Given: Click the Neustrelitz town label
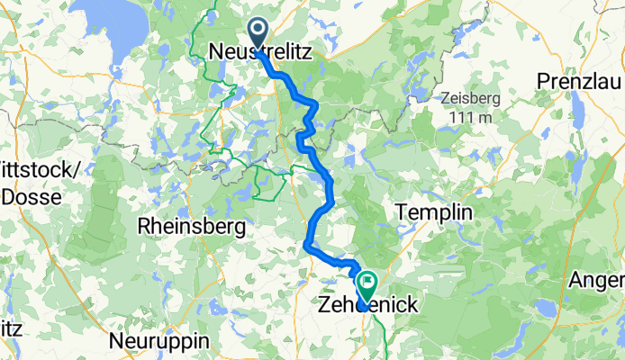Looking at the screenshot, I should [x=260, y=54].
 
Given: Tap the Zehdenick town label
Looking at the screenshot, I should [x=367, y=306].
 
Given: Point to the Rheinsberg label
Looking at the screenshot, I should [x=191, y=228].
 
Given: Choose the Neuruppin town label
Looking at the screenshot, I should [x=158, y=342].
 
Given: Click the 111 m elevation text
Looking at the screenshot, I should [x=474, y=117].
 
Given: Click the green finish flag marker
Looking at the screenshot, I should [x=367, y=285].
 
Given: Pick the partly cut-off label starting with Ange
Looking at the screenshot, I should [x=599, y=281].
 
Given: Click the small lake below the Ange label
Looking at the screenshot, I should [x=545, y=309].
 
